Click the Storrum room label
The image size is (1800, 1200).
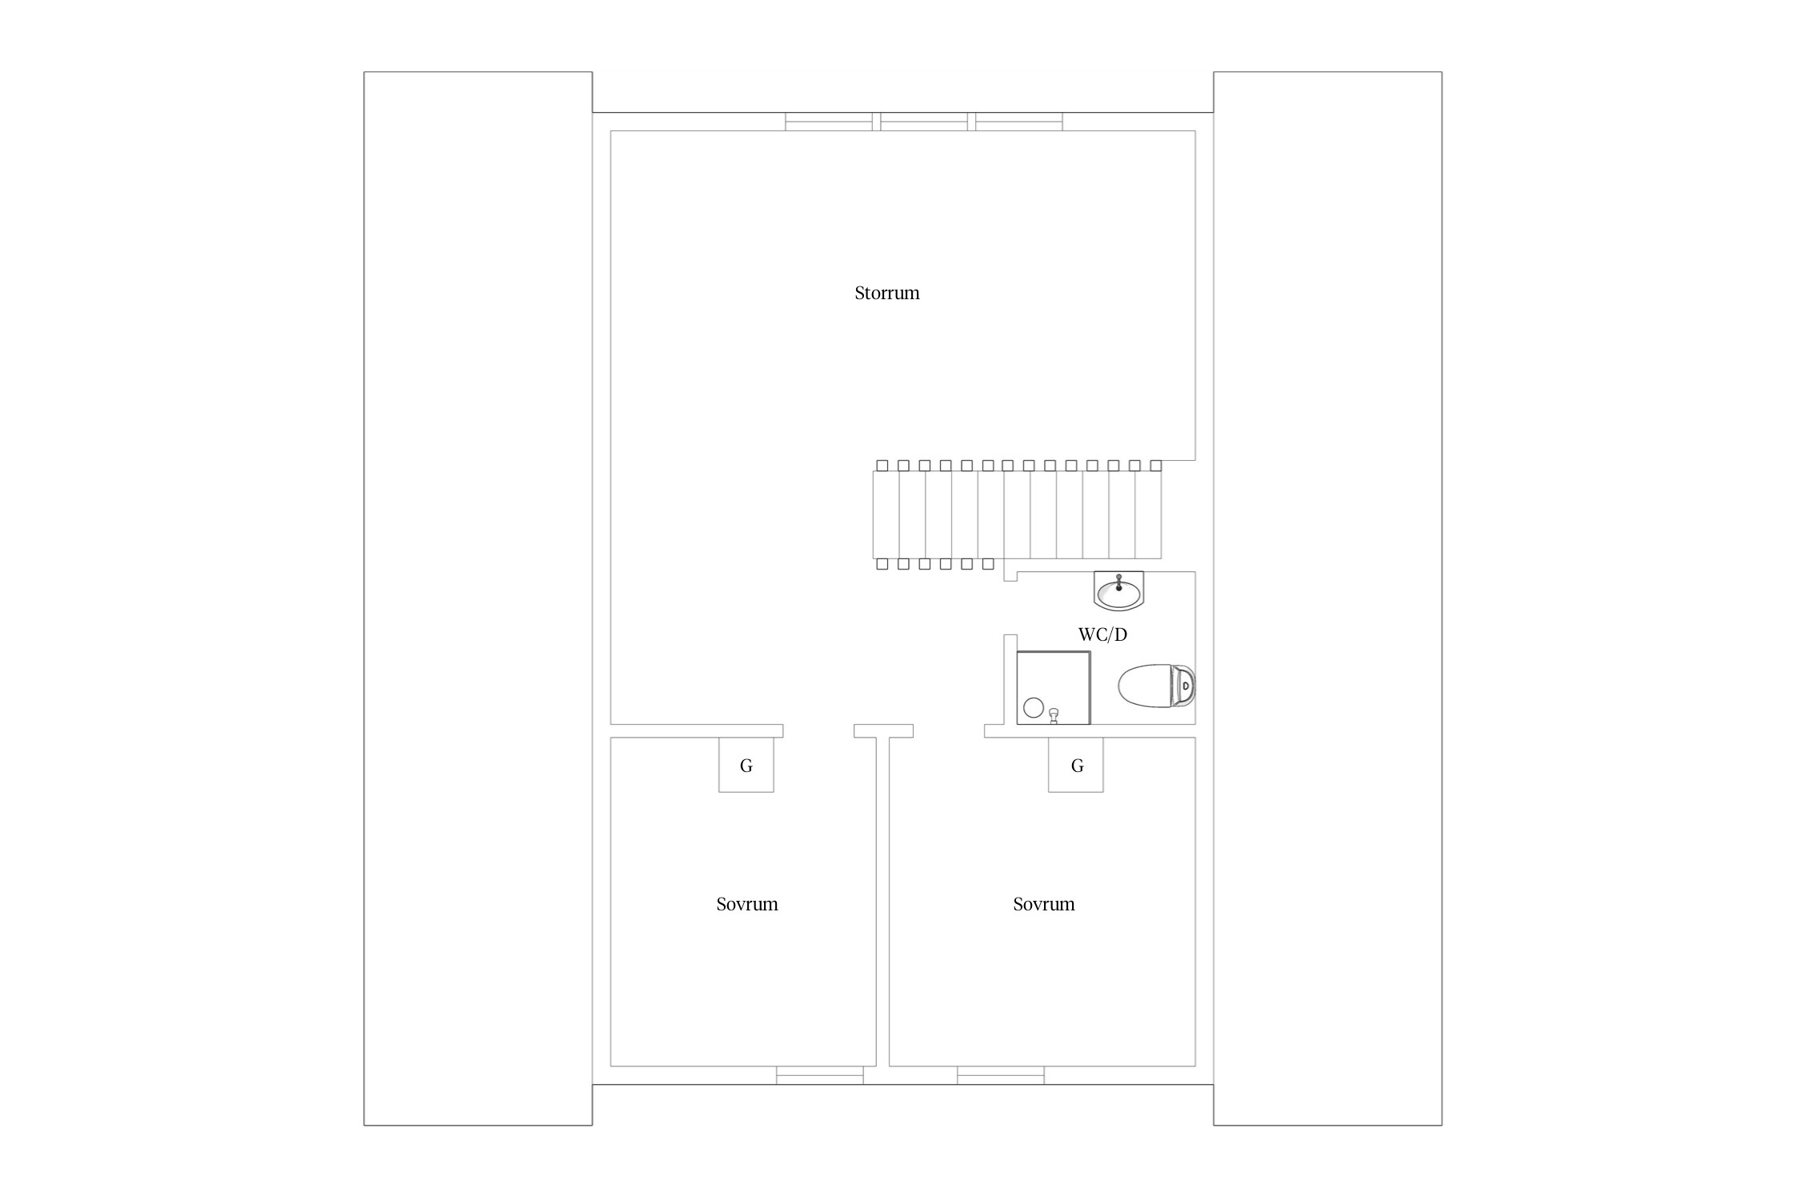tap(887, 293)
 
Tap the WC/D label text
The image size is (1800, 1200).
tap(1102, 634)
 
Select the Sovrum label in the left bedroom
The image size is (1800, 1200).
tap(747, 904)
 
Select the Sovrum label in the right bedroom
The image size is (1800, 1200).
tap(1044, 904)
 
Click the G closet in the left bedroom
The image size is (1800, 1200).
tap(746, 765)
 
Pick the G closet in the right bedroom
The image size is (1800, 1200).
tap(1076, 765)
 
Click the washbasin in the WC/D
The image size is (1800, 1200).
tap(1118, 590)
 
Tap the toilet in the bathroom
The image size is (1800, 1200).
tap(1157, 686)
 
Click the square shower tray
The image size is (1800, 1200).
tap(1054, 688)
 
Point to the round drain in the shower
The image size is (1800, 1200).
tap(1034, 707)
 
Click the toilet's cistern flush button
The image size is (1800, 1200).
tap(1186, 686)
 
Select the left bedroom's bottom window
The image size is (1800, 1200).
tap(820, 1075)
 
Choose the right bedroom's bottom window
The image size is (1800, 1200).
tap(1001, 1075)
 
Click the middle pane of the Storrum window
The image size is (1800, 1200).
tap(924, 122)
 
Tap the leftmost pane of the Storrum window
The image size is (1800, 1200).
tap(829, 122)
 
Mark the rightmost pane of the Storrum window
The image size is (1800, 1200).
tap(1019, 122)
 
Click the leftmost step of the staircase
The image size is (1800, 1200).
tap(886, 514)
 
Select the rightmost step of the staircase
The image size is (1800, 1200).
tap(1149, 514)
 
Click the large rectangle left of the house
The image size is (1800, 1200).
tap(478, 598)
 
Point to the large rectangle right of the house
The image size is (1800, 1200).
tap(1328, 598)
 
